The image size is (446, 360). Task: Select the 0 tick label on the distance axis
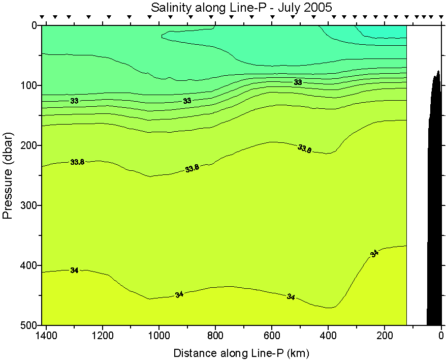(441, 336)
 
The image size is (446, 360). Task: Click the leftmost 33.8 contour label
(77, 162)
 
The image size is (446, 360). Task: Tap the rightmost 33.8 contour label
(304, 148)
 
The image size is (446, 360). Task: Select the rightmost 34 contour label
(374, 253)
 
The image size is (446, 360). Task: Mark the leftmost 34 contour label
(74, 271)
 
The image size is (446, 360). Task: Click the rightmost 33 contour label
(298, 82)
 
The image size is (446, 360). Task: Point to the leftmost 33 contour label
(74, 101)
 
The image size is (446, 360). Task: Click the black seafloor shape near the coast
(435, 203)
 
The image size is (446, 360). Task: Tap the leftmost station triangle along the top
(42, 17)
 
